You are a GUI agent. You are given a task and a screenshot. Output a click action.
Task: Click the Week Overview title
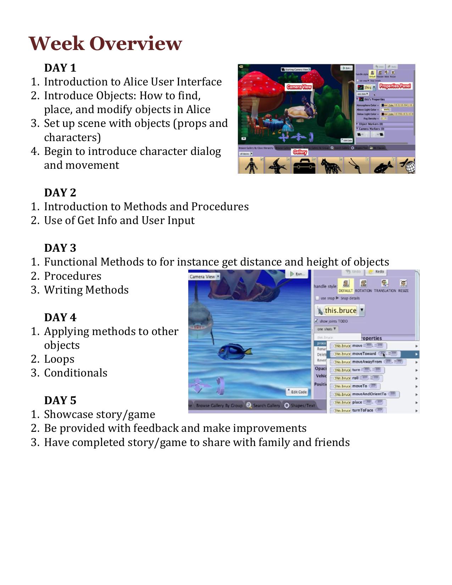click(x=105, y=43)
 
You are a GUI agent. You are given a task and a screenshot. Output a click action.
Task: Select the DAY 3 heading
click(x=60, y=248)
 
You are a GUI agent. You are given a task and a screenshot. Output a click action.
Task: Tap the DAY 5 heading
click(x=60, y=400)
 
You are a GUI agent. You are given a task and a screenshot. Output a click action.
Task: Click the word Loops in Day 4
click(x=59, y=359)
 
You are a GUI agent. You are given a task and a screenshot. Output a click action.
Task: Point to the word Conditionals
click(x=76, y=373)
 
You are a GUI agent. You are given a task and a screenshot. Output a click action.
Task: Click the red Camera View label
click(x=299, y=87)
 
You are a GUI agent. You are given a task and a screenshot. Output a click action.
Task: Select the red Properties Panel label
click(x=395, y=86)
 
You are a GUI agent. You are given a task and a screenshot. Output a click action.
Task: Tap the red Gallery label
click(x=300, y=152)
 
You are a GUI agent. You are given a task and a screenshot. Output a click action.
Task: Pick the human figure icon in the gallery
click(x=251, y=166)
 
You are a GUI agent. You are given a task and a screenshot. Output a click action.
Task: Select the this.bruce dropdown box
click(x=340, y=311)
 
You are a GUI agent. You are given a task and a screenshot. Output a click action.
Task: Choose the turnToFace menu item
click(x=362, y=410)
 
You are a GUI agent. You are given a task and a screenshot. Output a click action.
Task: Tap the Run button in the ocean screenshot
click(x=298, y=274)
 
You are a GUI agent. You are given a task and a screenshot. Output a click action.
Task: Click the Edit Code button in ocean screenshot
click(x=297, y=392)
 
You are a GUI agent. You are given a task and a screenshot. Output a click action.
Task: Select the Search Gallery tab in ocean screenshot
click(x=263, y=405)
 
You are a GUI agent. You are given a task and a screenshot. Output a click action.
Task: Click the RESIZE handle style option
click(x=403, y=286)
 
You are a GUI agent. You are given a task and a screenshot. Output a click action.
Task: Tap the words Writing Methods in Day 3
click(x=86, y=290)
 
